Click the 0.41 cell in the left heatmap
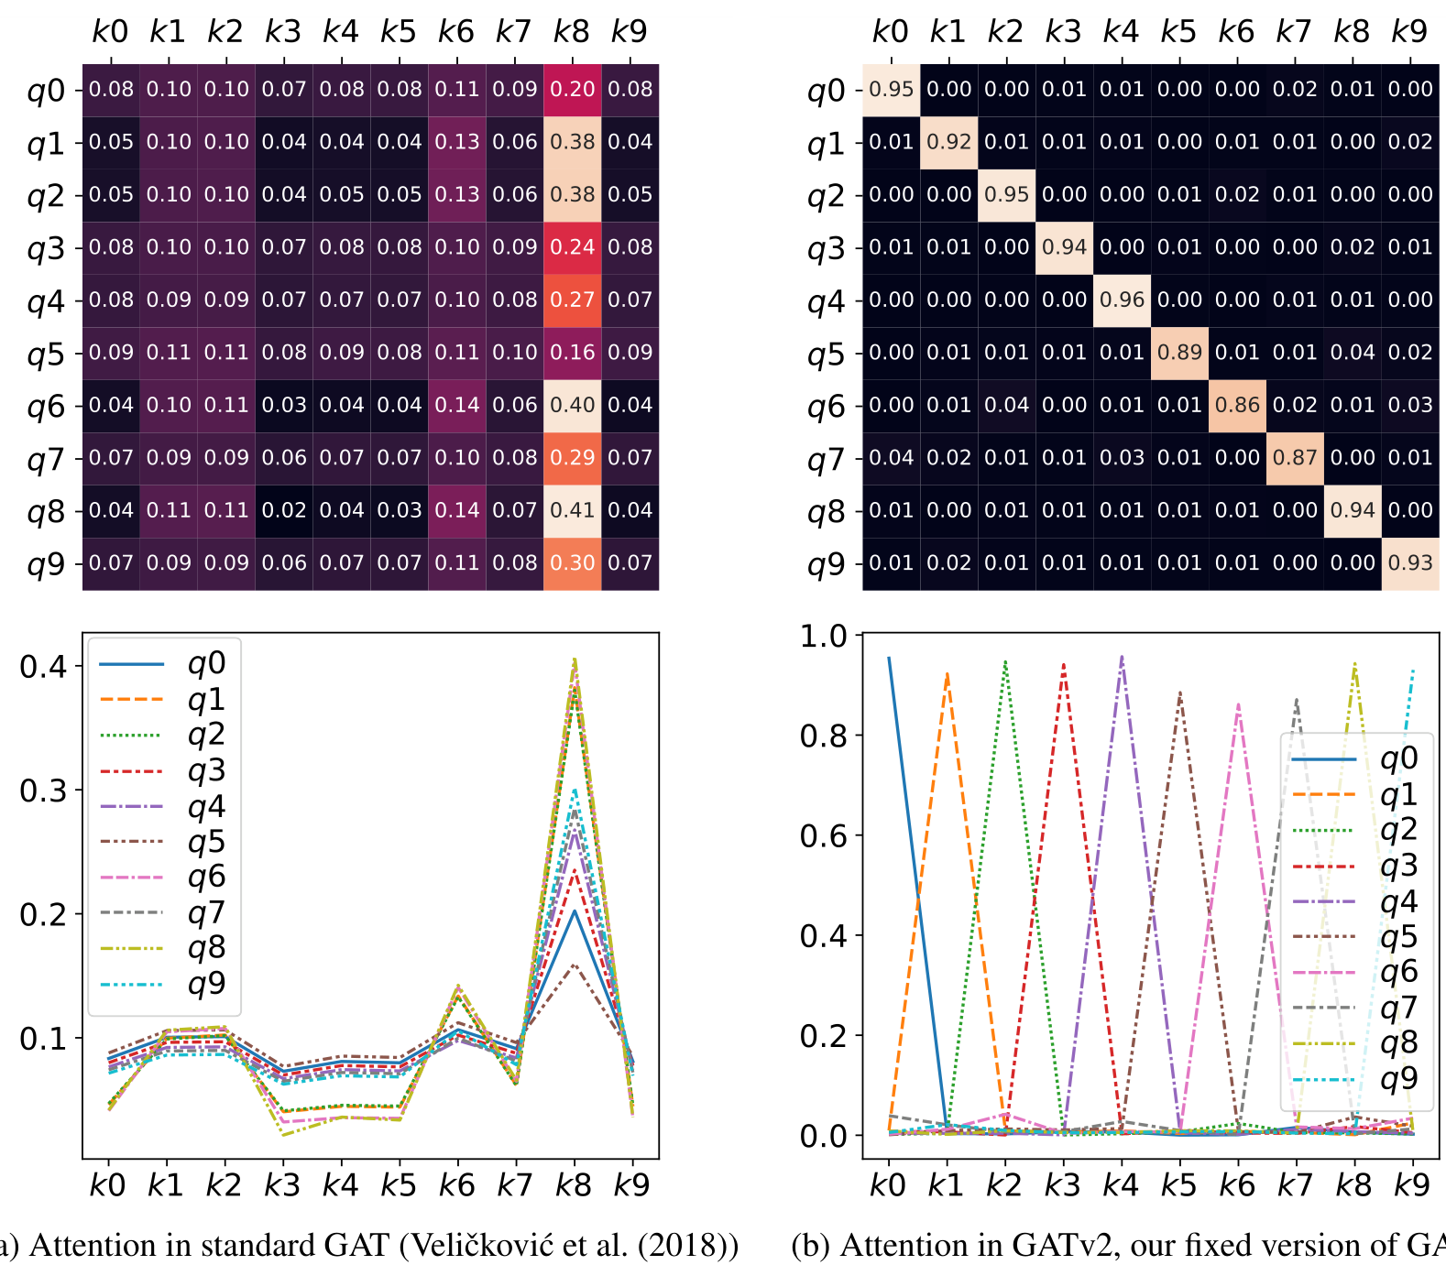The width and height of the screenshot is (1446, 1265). [572, 510]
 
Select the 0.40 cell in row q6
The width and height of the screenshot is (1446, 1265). [572, 405]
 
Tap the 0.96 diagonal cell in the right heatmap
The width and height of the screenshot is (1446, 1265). [1122, 300]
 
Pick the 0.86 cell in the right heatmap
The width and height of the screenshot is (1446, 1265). [1237, 405]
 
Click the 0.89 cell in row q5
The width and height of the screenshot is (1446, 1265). [1179, 353]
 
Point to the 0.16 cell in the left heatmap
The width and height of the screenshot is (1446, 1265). [572, 353]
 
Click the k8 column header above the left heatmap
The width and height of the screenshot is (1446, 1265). [572, 32]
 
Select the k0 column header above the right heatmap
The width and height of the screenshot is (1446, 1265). [890, 32]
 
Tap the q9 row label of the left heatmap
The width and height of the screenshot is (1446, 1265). [46, 564]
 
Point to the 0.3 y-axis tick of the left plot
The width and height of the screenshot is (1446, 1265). [43, 791]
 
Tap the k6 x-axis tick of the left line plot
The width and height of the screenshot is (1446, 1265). [456, 1185]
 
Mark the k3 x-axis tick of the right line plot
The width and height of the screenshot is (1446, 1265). [1063, 1185]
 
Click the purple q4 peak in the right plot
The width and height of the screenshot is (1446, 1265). [1122, 657]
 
